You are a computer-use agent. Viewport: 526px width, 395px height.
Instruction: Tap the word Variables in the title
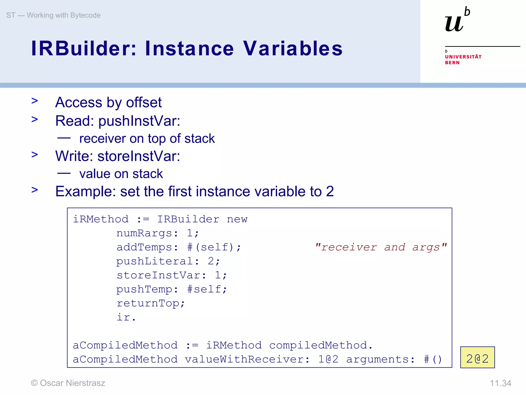pyautogui.click(x=293, y=48)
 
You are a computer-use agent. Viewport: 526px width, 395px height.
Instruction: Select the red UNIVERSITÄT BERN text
pyautogui.click(x=463, y=59)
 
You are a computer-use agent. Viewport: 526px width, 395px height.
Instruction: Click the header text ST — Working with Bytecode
pyautogui.click(x=53, y=15)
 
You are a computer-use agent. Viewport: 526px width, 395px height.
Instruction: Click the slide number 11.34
pyautogui.click(x=500, y=383)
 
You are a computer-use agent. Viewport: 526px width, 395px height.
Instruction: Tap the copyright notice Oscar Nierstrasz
pyautogui.click(x=68, y=383)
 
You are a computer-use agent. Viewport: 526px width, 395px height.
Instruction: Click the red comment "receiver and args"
pyautogui.click(x=381, y=247)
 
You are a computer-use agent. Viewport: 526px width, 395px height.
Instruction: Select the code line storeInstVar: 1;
pyautogui.click(x=172, y=275)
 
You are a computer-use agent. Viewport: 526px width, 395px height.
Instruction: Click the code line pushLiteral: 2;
pyautogui.click(x=168, y=261)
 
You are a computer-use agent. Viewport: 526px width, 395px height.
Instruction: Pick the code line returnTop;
pyautogui.click(x=151, y=303)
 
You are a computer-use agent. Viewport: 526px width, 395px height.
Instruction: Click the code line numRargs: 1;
pyautogui.click(x=157, y=233)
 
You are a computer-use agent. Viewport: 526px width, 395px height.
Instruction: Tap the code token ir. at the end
pyautogui.click(x=126, y=317)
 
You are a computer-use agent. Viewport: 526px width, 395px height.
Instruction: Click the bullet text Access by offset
pyautogui.click(x=108, y=102)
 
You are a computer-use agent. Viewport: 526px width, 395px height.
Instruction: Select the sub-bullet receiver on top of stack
pyautogui.click(x=147, y=138)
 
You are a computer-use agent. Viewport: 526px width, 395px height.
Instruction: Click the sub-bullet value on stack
pyautogui.click(x=121, y=174)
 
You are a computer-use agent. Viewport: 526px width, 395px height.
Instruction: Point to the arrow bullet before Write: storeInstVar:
pyautogui.click(x=35, y=155)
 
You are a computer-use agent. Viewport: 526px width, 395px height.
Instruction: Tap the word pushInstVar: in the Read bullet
pyautogui.click(x=139, y=121)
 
